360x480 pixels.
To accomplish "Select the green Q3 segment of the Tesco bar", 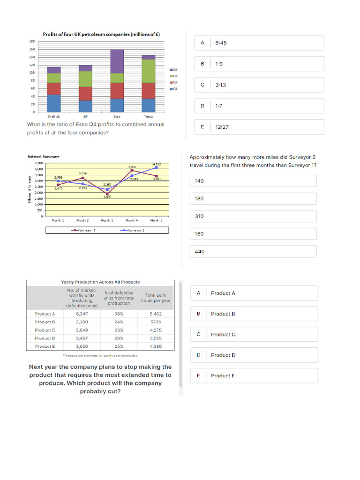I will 149,71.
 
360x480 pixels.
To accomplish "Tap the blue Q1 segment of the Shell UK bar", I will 54,103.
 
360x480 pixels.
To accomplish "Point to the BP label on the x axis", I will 85,116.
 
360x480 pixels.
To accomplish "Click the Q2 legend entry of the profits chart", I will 174,82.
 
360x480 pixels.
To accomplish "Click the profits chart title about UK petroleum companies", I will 102,34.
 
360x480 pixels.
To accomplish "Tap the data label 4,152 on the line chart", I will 157,164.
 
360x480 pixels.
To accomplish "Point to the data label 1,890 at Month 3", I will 107,197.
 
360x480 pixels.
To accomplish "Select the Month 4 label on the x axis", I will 132,220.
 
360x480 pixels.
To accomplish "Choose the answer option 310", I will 253,216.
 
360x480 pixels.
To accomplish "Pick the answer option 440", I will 253,252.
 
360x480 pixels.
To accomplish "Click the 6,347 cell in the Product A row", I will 82,314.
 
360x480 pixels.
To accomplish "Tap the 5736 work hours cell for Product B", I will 156,322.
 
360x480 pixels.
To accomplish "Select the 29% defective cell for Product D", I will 119,338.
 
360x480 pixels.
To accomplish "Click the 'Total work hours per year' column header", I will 156,298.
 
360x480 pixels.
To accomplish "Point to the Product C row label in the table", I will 45,330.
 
